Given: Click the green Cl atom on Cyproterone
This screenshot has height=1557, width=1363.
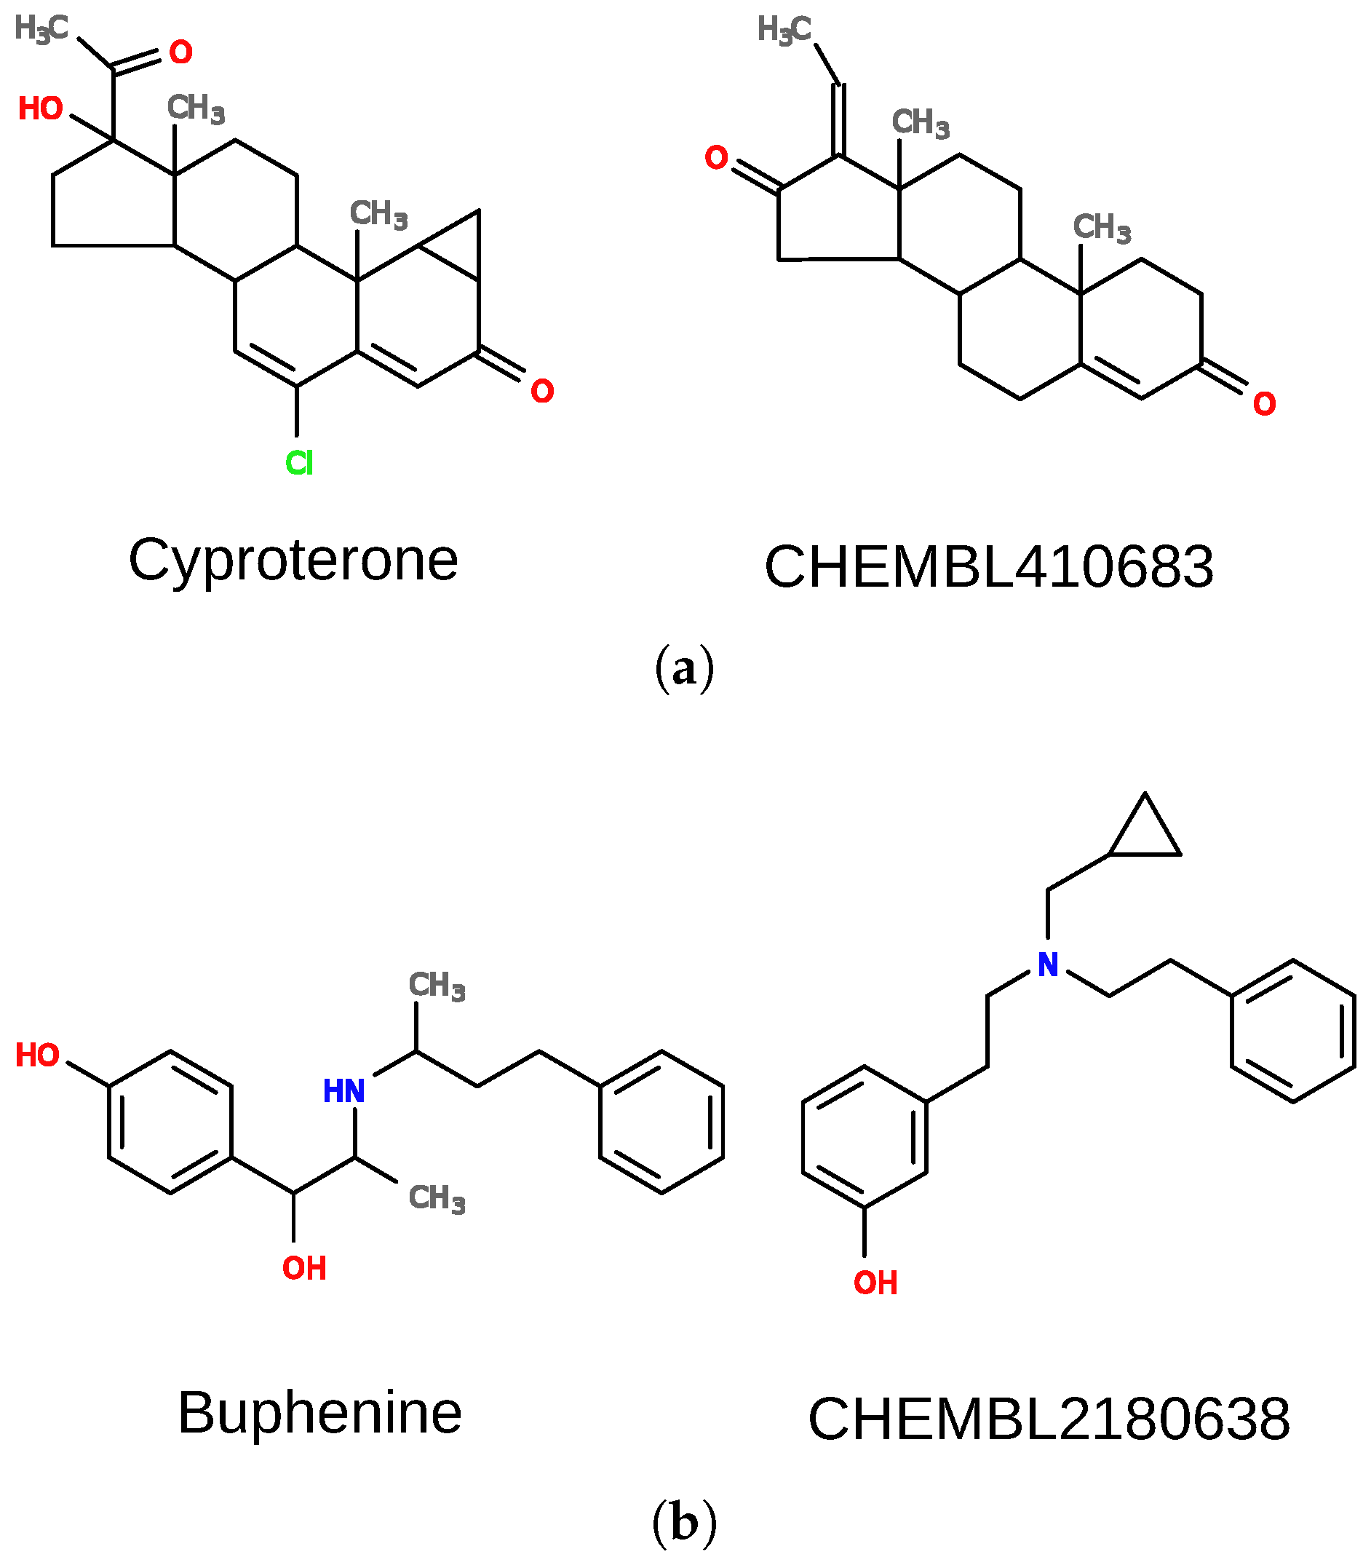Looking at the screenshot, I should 299,462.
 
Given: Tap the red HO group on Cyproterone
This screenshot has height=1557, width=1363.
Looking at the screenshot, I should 40,108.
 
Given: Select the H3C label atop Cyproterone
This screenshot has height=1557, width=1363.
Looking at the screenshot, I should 41,29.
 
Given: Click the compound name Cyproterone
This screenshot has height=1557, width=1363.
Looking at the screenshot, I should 293,560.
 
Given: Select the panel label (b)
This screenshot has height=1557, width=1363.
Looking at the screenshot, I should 684,1522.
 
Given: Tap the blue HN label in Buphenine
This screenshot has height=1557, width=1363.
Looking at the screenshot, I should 343,1091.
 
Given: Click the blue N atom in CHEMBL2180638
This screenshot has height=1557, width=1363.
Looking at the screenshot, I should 1048,964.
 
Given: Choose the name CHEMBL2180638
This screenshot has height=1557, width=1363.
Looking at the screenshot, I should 1049,1419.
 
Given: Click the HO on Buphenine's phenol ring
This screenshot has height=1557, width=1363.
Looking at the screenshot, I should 37,1055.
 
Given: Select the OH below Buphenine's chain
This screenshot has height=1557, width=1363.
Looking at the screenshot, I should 304,1268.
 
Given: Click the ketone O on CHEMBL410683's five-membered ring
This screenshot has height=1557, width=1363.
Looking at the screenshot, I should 717,157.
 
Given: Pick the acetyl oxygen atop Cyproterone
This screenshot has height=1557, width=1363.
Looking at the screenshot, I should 181,52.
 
